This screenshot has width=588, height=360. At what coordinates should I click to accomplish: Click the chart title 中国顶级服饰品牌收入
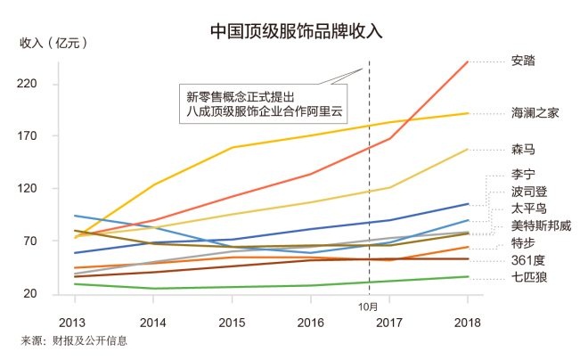295,30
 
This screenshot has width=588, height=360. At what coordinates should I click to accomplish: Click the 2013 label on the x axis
73,321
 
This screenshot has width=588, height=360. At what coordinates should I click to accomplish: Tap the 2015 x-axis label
231,321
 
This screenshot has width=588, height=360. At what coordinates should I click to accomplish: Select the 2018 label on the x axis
469,321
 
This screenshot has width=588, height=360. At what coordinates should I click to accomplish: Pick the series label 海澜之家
535,113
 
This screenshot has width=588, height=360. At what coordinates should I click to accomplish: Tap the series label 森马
524,149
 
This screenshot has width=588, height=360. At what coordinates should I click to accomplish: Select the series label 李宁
524,174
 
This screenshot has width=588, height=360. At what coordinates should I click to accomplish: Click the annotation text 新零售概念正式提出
241,94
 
